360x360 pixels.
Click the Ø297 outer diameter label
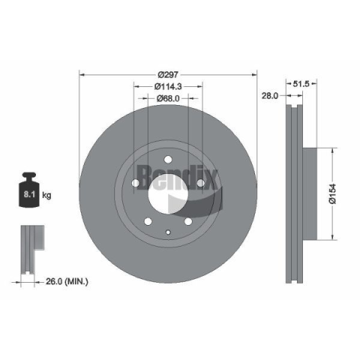point(168,75)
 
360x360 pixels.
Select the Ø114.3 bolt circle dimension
point(168,86)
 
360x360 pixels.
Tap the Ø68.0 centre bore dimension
point(168,98)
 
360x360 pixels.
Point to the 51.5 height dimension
point(301,84)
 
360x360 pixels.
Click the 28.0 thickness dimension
point(270,95)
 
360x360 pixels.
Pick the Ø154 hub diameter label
point(333,194)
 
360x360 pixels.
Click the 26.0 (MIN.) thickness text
point(67,281)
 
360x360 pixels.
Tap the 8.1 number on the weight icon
point(29,194)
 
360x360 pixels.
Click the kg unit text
point(46,195)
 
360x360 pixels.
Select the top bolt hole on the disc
point(168,159)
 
